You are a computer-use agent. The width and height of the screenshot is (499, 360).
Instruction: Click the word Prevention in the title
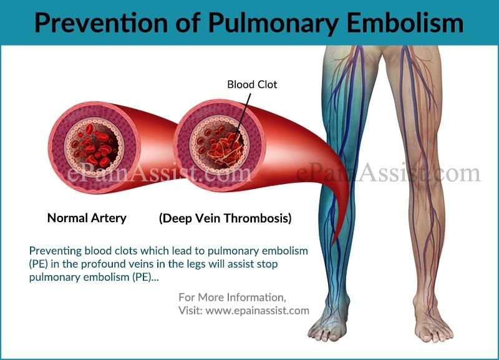click(x=101, y=23)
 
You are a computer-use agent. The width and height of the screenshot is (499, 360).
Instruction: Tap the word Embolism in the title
click(x=405, y=23)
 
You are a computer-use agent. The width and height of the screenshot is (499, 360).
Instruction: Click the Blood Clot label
click(x=252, y=84)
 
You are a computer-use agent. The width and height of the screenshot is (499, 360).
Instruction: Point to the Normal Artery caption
click(x=87, y=218)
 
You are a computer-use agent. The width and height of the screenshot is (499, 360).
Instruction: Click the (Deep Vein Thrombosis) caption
click(x=225, y=218)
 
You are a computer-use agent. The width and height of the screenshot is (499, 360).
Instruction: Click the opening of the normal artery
click(x=94, y=147)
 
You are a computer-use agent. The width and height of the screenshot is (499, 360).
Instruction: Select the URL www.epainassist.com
click(x=257, y=310)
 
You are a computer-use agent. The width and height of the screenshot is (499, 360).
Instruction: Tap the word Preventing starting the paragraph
click(x=56, y=251)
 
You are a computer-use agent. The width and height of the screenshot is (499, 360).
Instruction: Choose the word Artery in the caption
click(x=109, y=218)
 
